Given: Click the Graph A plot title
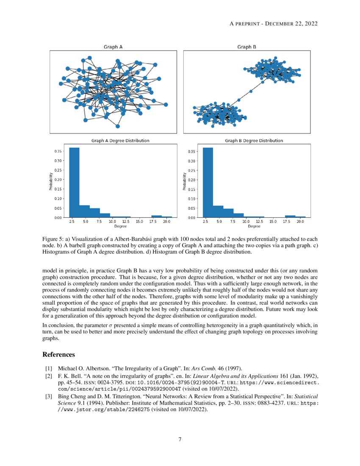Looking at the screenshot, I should (113, 47).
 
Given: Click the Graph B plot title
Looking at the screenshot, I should (246, 47).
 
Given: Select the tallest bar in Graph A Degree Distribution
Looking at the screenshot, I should (74, 182).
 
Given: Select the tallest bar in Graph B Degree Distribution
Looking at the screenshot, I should (208, 182).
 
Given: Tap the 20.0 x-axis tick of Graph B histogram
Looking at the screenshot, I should (300, 222).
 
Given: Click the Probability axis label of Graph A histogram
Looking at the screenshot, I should (50, 181).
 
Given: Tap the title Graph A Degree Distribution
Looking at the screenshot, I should (120, 140).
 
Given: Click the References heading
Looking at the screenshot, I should (59, 354).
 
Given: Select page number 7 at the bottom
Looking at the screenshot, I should (180, 439).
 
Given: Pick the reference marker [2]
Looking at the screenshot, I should (48, 376).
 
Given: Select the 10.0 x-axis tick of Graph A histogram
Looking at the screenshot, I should (112, 222).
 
